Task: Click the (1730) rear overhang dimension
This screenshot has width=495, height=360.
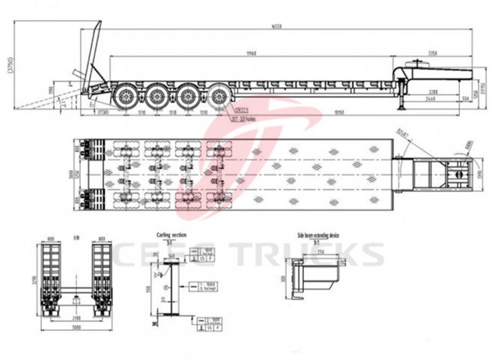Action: click(x=104, y=112)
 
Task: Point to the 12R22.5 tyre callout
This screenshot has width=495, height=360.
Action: click(x=242, y=110)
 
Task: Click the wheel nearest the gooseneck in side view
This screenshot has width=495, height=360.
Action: click(x=219, y=96)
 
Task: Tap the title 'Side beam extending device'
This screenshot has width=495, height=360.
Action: click(x=318, y=235)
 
